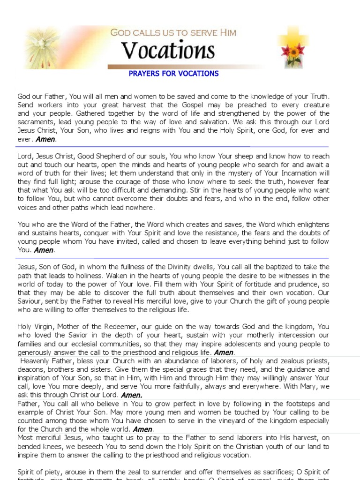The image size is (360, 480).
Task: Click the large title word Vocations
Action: tap(168, 51)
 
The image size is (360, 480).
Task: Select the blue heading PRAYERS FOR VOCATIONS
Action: tap(173, 74)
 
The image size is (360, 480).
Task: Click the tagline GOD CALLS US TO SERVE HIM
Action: tap(173, 32)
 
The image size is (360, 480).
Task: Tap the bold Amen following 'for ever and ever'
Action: tap(46, 139)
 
